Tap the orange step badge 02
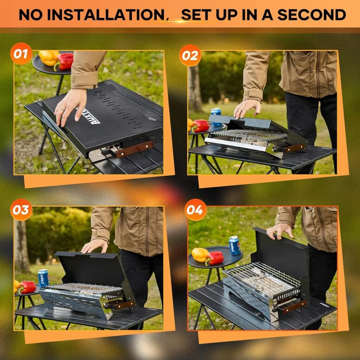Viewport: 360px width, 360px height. (190, 55)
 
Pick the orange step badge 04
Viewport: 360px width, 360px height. (195, 210)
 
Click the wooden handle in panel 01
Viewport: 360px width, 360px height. (134, 149)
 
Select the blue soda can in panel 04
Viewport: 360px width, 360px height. (234, 245)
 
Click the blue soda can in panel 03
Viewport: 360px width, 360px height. (43, 278)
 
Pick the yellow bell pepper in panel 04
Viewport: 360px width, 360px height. (200, 255)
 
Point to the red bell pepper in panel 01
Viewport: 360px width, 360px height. (64, 62)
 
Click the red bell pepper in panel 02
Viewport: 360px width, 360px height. (200, 126)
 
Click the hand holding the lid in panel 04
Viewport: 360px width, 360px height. (280, 231)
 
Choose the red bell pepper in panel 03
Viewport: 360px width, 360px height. (27, 287)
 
